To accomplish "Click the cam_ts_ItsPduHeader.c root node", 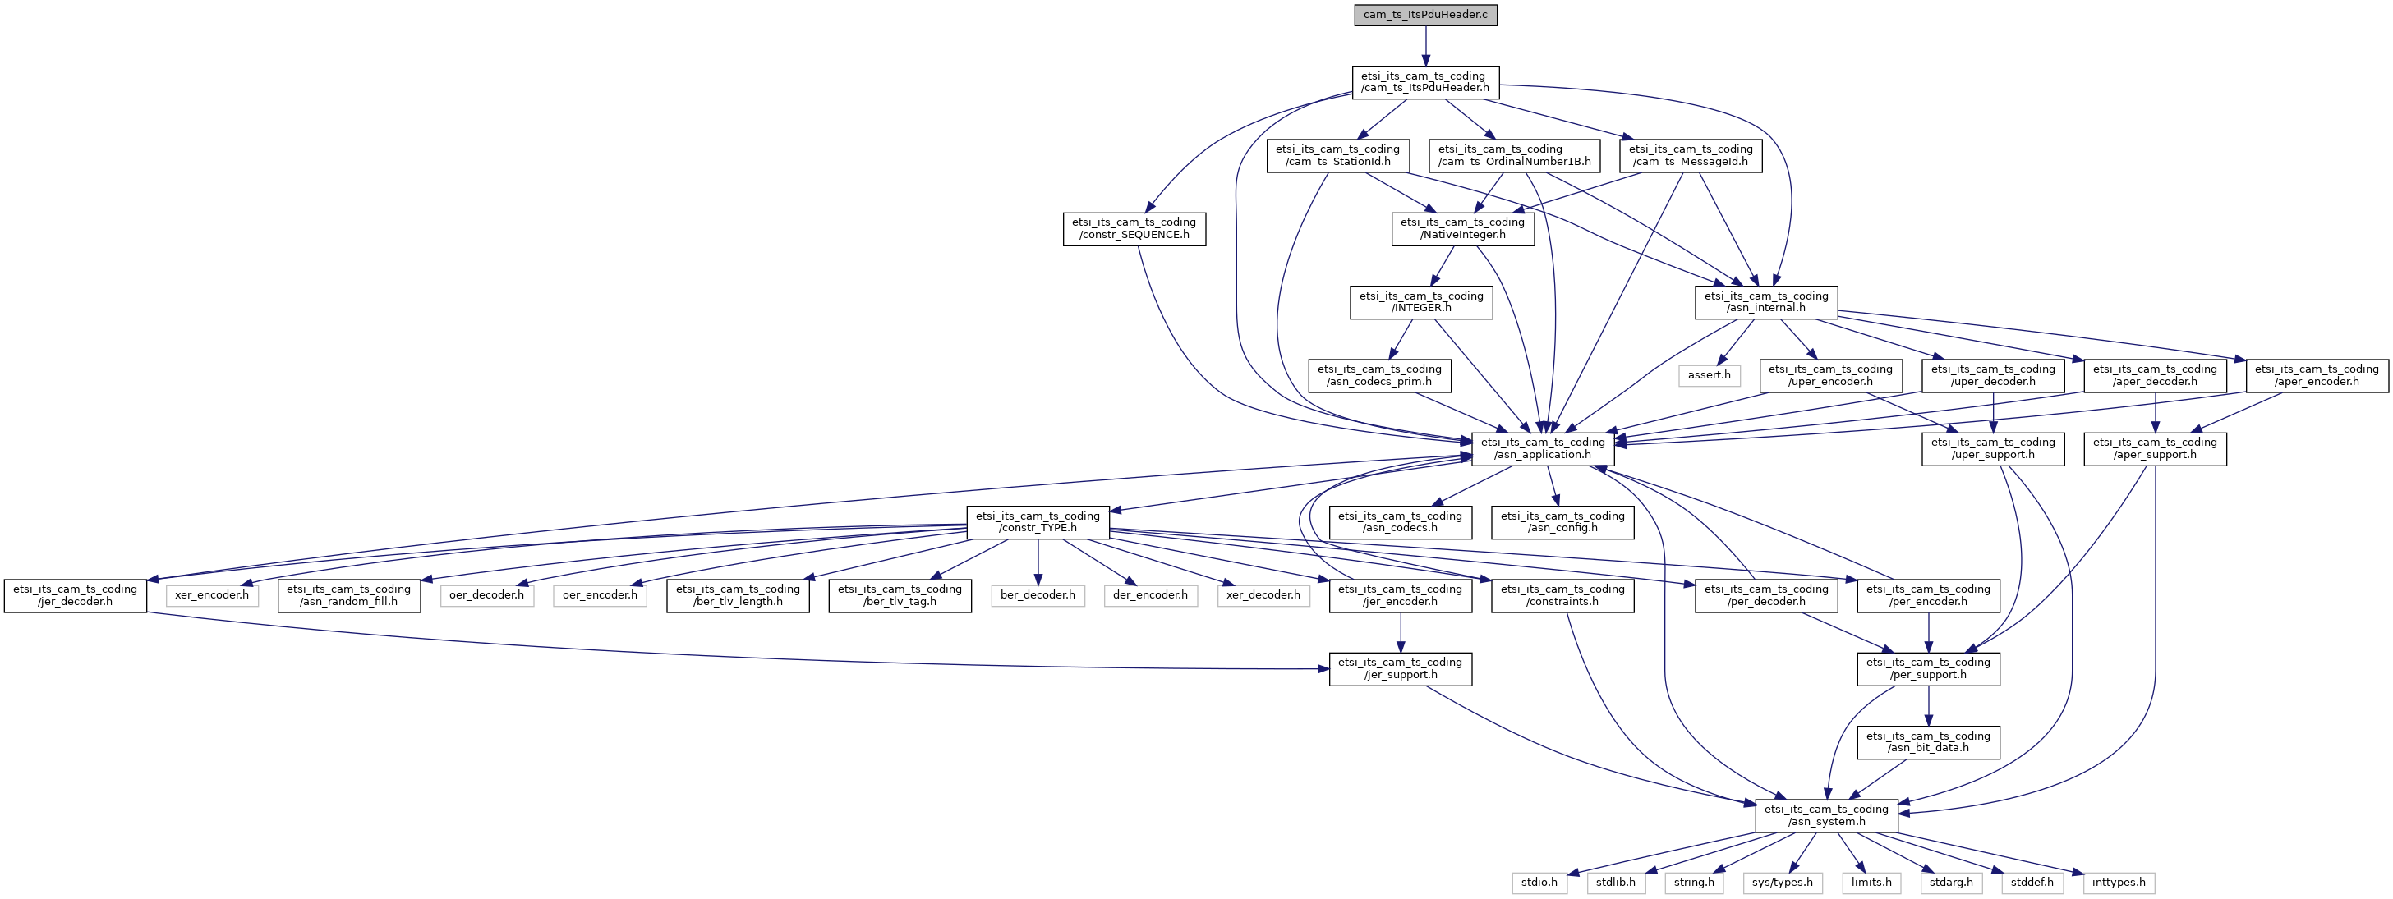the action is coord(1425,16).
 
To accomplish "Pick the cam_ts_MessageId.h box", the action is coord(1691,155).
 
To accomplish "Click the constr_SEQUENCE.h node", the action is coord(1134,228).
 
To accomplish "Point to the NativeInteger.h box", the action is coord(1463,228).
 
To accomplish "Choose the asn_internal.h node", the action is coord(1766,302).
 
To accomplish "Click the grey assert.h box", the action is coord(1710,375).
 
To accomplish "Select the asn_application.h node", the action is coord(1543,448).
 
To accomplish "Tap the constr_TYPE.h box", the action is coord(1038,522).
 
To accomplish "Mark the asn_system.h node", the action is coord(1826,815).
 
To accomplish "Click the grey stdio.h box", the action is coord(1539,883).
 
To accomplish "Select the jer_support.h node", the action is coord(1401,668).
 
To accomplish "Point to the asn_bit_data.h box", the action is coord(1929,742).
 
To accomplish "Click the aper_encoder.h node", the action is coord(2317,375).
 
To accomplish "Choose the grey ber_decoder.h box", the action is coord(1038,595).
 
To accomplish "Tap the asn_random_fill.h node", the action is coord(348,595).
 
